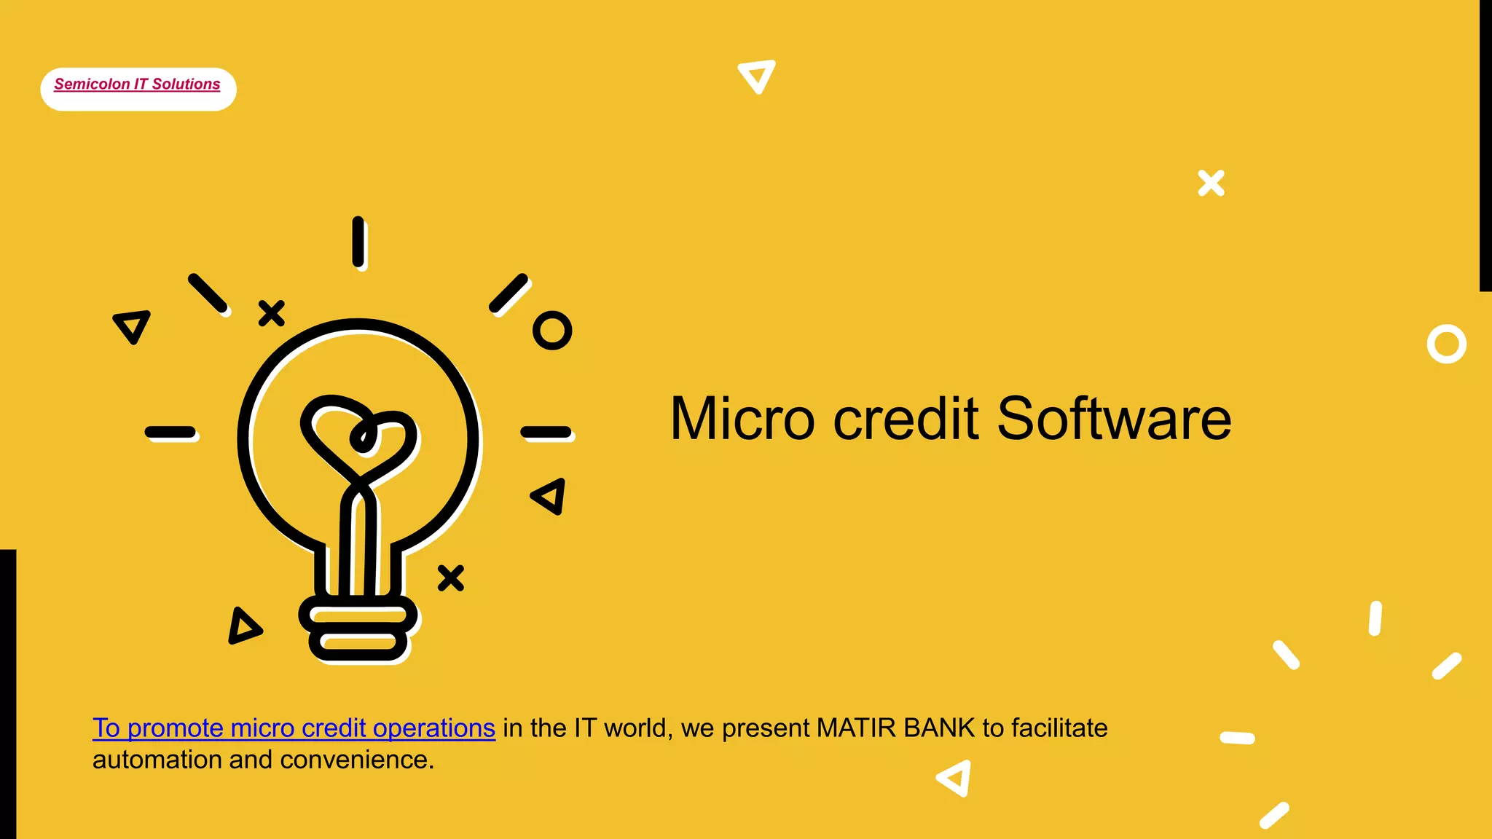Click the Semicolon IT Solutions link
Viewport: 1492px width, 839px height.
tap(137, 84)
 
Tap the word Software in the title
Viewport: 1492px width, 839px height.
tap(1114, 419)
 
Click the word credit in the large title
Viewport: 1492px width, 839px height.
tap(906, 419)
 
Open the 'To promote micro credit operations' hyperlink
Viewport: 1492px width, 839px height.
tap(294, 728)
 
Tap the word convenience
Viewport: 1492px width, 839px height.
tap(357, 760)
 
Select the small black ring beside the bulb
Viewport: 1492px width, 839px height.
tap(552, 331)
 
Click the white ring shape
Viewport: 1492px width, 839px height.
tap(1446, 344)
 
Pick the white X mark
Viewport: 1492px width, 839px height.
tap(1211, 183)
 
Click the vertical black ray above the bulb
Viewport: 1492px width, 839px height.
tap(358, 242)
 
